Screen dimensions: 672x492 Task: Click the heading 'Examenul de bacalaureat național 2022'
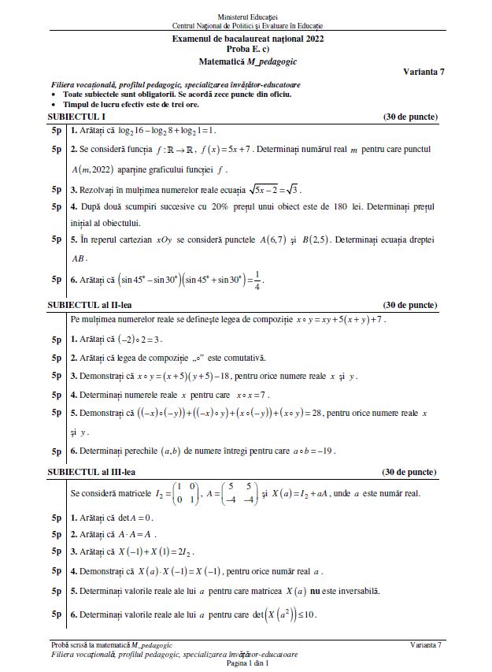[x=247, y=39]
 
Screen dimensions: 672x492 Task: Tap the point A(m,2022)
[x=98, y=169]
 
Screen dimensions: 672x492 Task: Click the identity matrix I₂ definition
[x=164, y=493]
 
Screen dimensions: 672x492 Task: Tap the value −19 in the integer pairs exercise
[x=323, y=451]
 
